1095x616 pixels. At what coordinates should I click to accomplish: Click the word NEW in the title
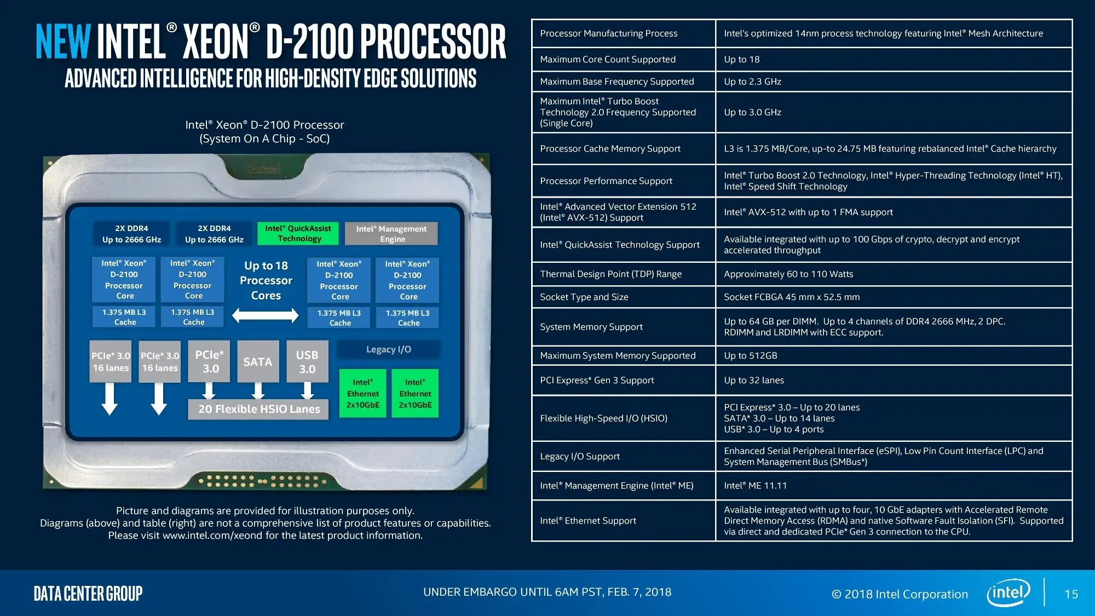point(62,41)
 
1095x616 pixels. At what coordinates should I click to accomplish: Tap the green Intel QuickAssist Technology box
point(298,233)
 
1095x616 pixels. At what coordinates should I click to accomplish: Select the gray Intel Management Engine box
point(391,234)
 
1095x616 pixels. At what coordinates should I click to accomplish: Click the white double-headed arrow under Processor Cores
point(266,315)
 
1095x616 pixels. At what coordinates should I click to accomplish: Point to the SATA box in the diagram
point(258,361)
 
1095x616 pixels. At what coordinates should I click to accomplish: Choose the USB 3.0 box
point(307,361)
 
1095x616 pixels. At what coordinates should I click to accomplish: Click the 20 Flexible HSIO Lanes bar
point(258,409)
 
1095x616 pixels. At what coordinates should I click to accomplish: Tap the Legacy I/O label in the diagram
point(389,349)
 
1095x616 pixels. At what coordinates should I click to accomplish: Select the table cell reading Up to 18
point(742,59)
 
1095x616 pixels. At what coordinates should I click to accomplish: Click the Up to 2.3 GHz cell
point(752,82)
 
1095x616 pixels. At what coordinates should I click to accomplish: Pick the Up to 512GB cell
point(751,355)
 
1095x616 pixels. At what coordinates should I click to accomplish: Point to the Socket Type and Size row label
point(584,297)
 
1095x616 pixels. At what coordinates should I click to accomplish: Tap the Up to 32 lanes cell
point(754,380)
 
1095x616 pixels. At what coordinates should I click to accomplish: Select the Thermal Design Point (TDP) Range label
point(611,274)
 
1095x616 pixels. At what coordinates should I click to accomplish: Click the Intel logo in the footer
point(1008,592)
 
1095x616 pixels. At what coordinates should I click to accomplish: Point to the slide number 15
point(1071,594)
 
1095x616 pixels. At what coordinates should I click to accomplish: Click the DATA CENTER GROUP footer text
point(88,594)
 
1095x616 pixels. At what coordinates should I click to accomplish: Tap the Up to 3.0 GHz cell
point(752,112)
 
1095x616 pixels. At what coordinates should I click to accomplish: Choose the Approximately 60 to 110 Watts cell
point(788,274)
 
